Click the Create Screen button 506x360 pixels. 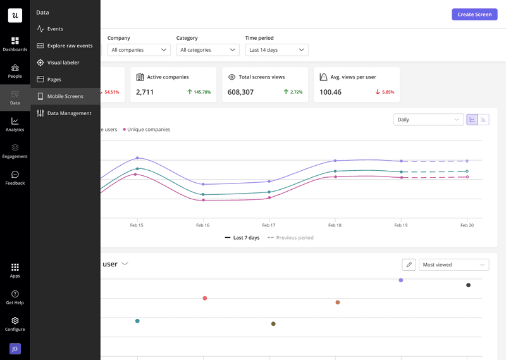point(474,15)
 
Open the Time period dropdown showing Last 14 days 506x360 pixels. point(276,50)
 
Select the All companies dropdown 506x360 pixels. point(139,50)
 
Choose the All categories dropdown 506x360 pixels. point(207,50)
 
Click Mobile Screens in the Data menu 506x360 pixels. point(65,96)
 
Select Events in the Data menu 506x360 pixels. point(55,29)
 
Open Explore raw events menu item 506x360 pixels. point(70,46)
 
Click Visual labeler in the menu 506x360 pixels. point(63,63)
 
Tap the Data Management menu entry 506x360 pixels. point(69,113)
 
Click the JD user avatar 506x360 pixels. point(15,349)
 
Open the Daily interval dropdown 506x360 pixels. point(428,120)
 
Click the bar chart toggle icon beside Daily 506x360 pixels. point(483,120)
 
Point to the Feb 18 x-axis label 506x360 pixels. point(335,225)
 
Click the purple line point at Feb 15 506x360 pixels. point(137,158)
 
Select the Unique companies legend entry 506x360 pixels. point(148,130)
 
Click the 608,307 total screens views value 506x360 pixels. point(240,92)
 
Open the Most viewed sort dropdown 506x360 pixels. point(454,265)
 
